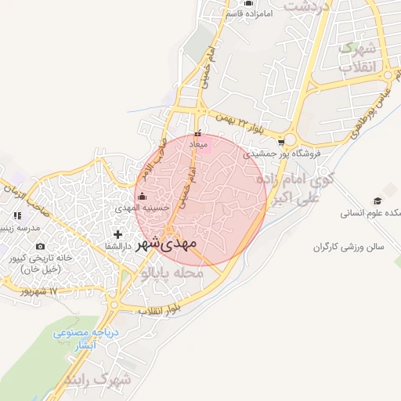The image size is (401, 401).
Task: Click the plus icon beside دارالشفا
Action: pos(117,234)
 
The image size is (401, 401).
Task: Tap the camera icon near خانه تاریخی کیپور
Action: pos(41,247)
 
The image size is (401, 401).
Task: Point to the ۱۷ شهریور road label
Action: pos(42,291)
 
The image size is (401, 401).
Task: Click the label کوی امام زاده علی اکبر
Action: pos(291,190)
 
